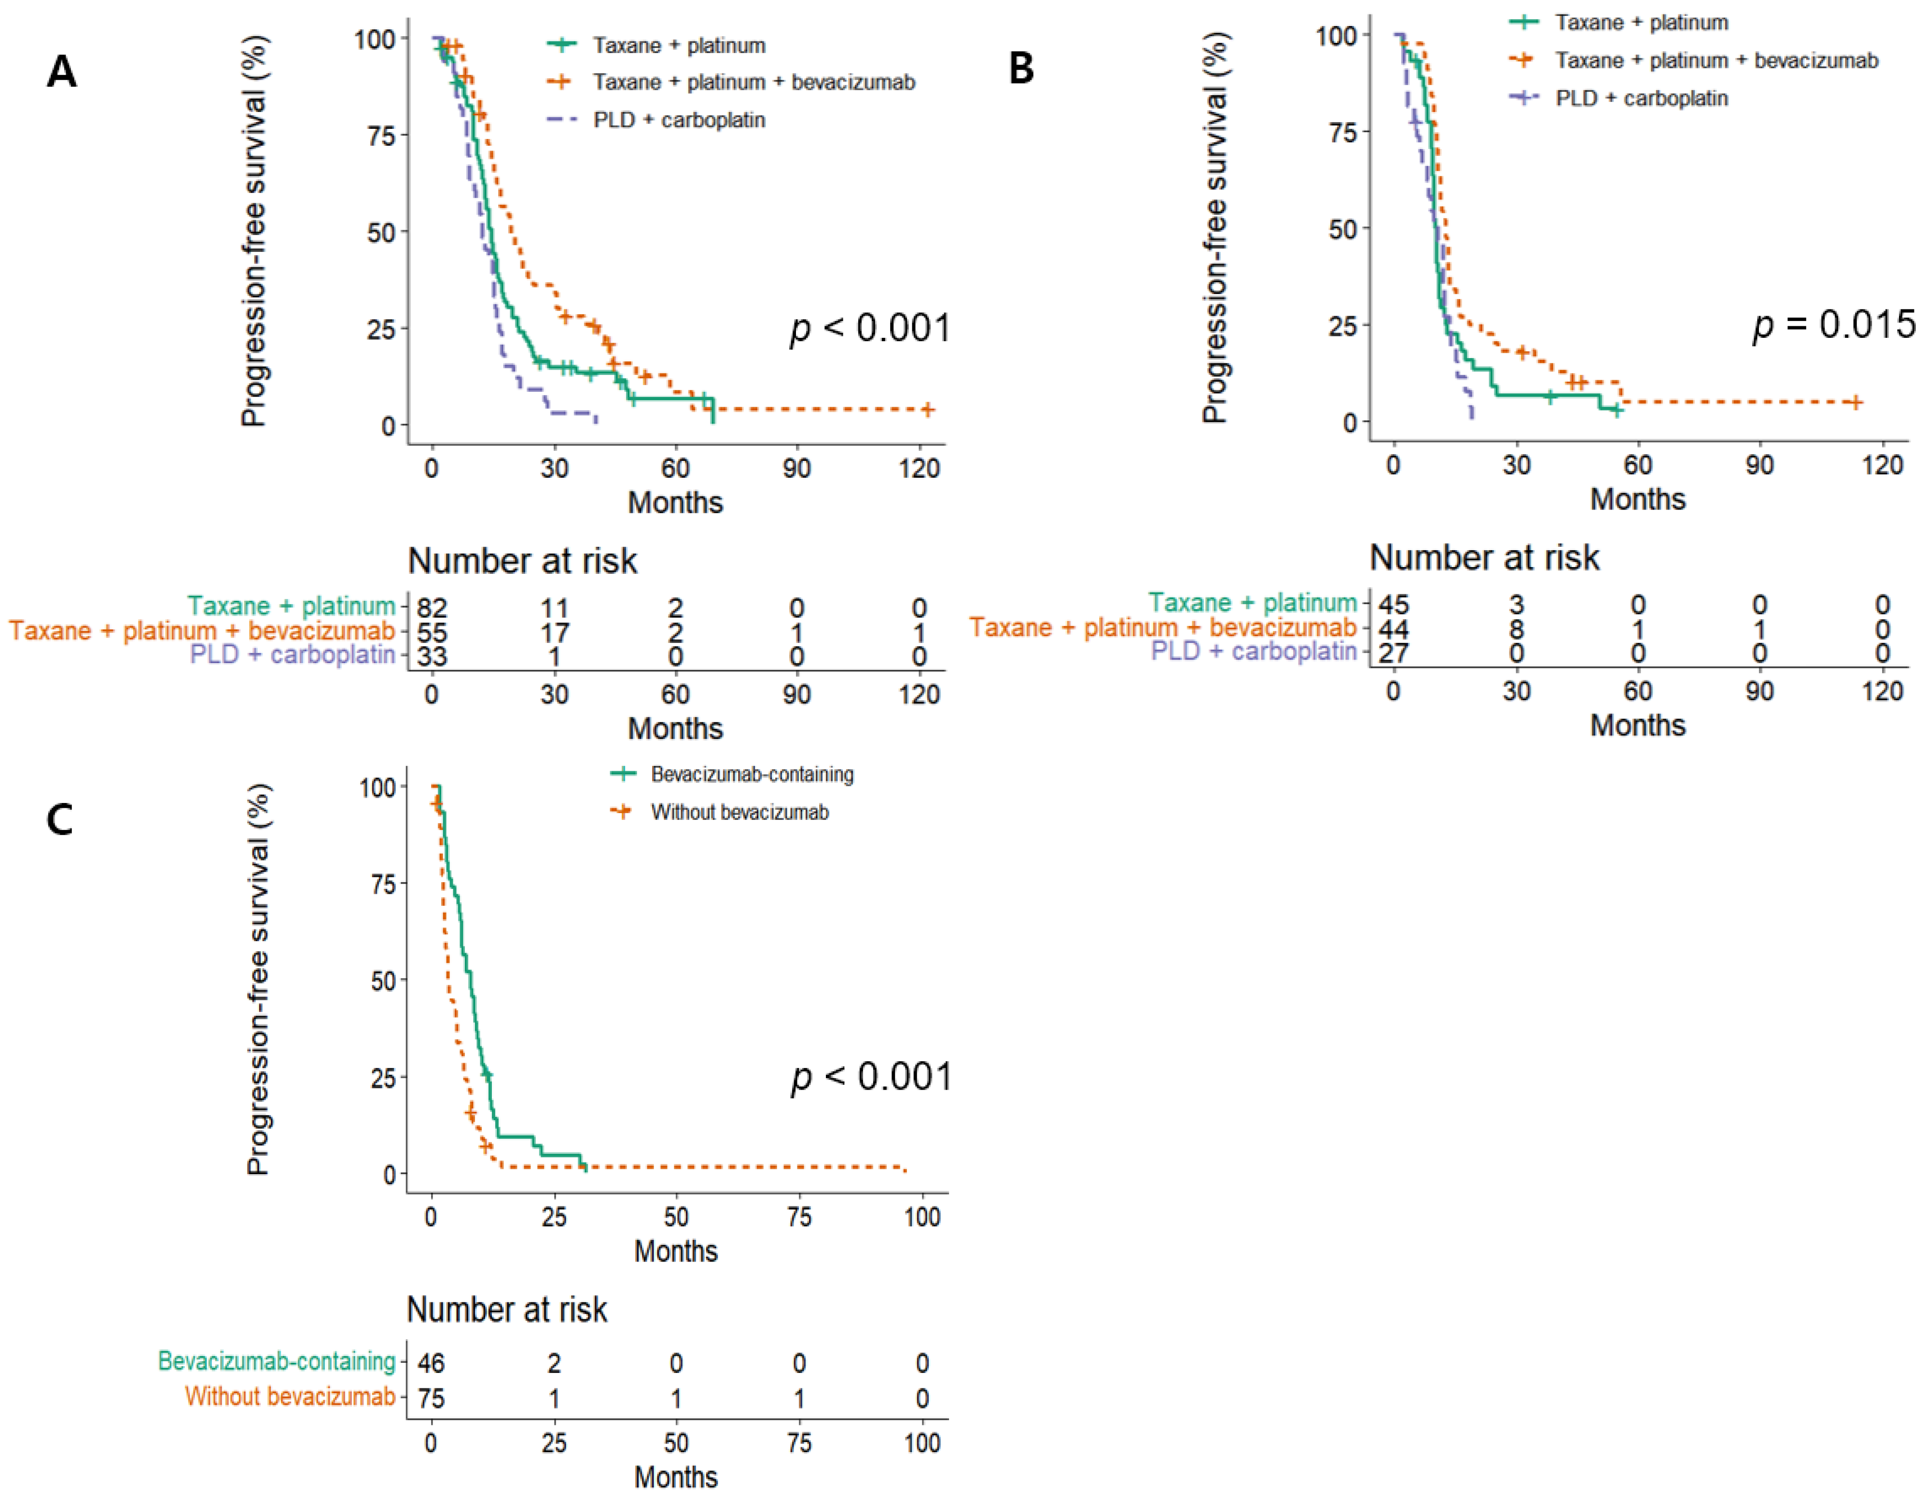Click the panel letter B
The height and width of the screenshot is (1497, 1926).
[x=1021, y=68]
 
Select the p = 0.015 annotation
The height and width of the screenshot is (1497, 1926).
[x=1832, y=324]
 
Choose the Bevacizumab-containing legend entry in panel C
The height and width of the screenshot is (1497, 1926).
[x=752, y=774]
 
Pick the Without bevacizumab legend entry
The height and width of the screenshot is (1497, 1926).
[x=739, y=812]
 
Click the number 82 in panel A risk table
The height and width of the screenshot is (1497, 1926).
[x=432, y=609]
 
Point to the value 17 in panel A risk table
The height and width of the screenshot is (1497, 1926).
[x=555, y=632]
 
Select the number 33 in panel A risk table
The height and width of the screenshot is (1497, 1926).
[x=432, y=656]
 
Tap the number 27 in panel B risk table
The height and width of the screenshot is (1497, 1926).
[x=1394, y=652]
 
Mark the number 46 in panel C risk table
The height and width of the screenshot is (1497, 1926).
[x=431, y=1363]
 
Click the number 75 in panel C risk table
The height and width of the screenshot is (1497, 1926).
[x=431, y=1398]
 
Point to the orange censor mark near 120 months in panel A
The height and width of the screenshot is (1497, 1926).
[x=928, y=409]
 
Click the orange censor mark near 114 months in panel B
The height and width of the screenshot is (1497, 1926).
[x=1856, y=402]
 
